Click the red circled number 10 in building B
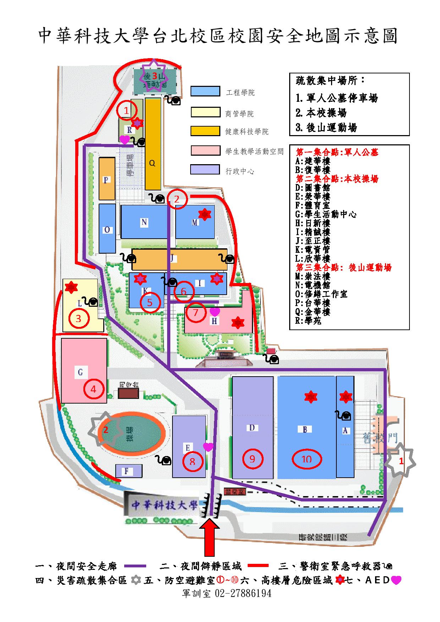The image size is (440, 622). click(306, 459)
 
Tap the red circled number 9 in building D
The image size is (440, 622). click(252, 459)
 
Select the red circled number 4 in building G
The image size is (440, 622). click(93, 389)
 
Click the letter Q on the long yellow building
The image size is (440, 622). click(152, 163)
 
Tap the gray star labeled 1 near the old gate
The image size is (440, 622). click(401, 461)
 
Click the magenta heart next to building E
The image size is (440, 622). click(208, 447)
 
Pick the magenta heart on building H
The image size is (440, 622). click(215, 312)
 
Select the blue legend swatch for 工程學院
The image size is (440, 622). click(205, 91)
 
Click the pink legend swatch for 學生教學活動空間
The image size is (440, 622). click(205, 150)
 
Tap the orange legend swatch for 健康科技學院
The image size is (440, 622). click(205, 130)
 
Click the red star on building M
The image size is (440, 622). click(204, 214)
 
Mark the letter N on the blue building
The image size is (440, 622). click(144, 222)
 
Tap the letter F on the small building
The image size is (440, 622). click(126, 471)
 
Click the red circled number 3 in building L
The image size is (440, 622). click(78, 318)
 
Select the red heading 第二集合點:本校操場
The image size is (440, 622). click(337, 179)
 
